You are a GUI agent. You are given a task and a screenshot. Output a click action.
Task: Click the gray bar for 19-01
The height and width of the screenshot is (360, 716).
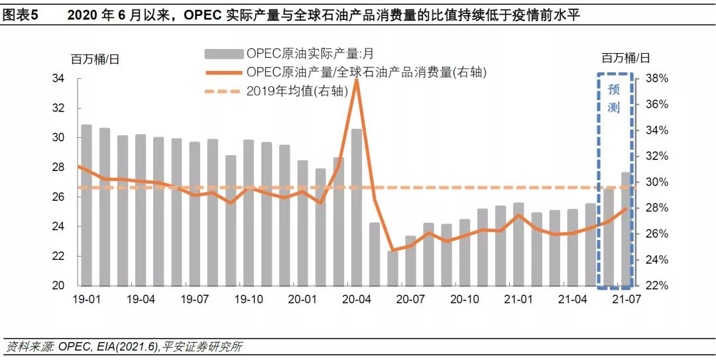pyautogui.click(x=86, y=206)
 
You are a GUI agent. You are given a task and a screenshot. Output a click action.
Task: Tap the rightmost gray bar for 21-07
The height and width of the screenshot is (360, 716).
pyautogui.click(x=626, y=229)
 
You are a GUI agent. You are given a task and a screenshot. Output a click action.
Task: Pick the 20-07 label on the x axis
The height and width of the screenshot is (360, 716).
pyautogui.click(x=410, y=300)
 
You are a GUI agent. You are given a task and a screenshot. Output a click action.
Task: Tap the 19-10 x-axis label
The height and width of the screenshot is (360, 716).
pyautogui.click(x=249, y=300)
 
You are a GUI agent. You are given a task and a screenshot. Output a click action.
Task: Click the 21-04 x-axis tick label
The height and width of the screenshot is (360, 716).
pyautogui.click(x=573, y=300)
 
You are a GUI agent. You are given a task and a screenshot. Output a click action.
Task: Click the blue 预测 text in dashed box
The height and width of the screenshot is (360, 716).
pyautogui.click(x=614, y=98)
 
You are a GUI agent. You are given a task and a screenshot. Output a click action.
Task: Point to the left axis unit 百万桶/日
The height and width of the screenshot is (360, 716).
pyautogui.click(x=95, y=58)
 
